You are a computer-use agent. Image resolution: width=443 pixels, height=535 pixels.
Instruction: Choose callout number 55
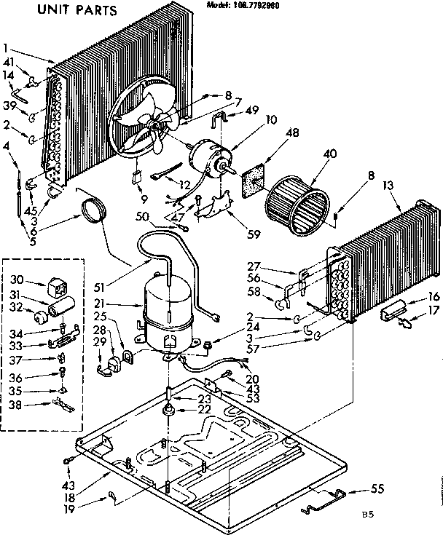(x=377, y=490)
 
